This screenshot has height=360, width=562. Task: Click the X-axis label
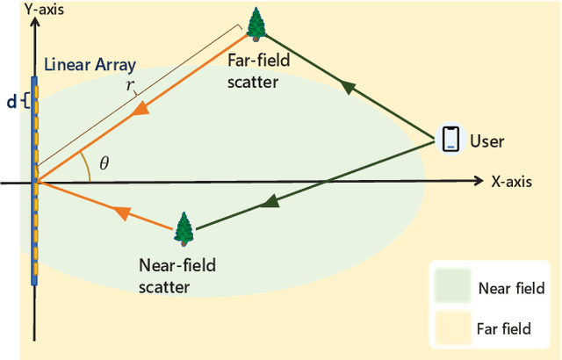click(513, 182)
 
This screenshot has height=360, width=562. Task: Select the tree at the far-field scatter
click(256, 24)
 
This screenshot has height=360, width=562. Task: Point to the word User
click(487, 140)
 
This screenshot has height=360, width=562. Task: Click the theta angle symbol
click(104, 162)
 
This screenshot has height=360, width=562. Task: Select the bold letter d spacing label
click(11, 102)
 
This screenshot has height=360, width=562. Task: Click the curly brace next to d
click(25, 102)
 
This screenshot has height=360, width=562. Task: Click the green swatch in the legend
click(452, 287)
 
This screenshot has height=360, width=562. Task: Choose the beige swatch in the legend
click(452, 328)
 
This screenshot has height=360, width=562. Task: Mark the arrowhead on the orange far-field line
click(141, 110)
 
